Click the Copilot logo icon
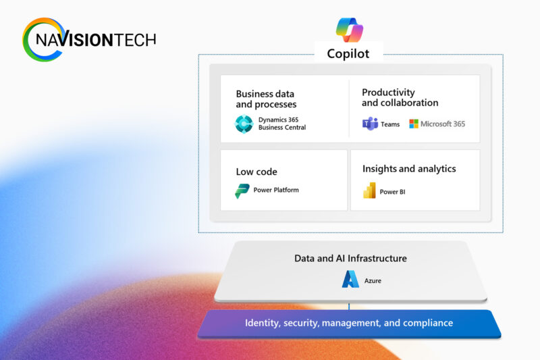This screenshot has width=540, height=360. (350, 30)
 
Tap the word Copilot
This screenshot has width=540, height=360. (348, 53)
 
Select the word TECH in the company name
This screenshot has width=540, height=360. (134, 40)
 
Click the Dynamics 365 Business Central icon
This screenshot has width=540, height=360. (244, 124)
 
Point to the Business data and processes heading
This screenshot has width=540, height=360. (266, 99)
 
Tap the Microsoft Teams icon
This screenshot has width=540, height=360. (370, 124)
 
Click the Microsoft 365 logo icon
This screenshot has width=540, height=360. (413, 124)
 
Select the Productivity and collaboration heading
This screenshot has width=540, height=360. (400, 97)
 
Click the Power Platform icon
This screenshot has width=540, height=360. (242, 190)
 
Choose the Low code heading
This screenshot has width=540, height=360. (256, 172)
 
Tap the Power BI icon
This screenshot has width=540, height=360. (369, 191)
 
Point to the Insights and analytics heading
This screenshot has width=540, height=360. (409, 169)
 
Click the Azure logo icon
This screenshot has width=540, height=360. (350, 280)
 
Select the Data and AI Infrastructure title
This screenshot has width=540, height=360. (350, 258)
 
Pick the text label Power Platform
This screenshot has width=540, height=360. (276, 190)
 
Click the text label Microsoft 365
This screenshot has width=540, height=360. (443, 124)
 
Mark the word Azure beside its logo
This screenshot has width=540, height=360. (373, 280)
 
